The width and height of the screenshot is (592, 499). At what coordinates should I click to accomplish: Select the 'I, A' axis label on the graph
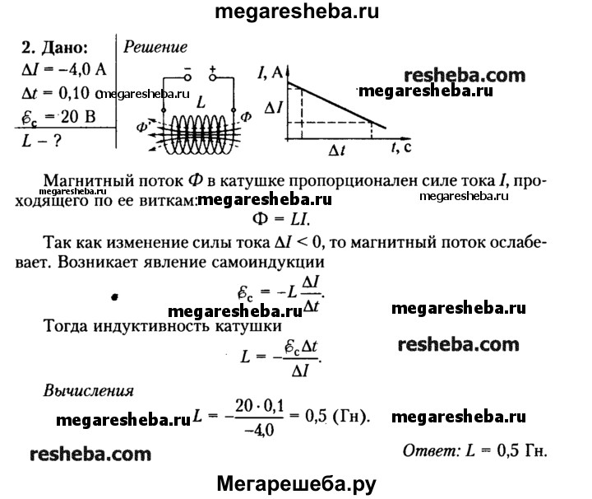point(271,75)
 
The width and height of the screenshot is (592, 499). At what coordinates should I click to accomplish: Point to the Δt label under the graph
point(338,151)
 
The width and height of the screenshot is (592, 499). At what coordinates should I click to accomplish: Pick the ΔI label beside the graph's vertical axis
point(274,108)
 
